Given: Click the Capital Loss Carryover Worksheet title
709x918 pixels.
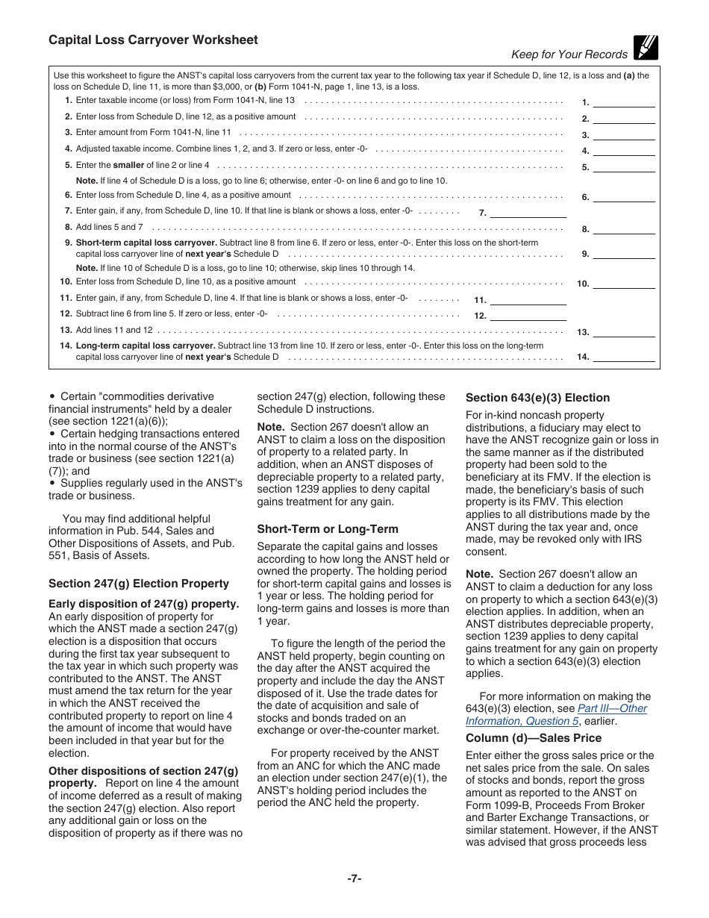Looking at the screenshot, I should [x=153, y=40].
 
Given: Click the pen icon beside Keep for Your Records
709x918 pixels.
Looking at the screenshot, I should [x=646, y=48].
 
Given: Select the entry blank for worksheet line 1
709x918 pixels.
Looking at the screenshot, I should [x=623, y=102].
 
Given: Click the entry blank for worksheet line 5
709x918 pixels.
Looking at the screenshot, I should [x=623, y=166].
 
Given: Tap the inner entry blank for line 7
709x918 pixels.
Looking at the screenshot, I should [x=528, y=213].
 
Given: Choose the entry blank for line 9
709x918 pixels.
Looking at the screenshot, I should [x=623, y=254].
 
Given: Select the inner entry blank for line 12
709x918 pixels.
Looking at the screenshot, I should [x=528, y=316].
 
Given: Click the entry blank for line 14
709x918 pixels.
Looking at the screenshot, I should [x=623, y=357].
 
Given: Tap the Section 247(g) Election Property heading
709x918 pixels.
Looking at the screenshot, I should [x=139, y=584].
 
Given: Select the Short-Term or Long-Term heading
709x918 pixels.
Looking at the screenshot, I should [x=328, y=529].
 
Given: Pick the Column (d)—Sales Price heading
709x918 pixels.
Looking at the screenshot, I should [x=534, y=738].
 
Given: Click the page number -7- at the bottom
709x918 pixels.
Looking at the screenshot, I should [x=354, y=878].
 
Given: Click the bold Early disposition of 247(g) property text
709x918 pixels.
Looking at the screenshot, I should [x=144, y=604].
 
